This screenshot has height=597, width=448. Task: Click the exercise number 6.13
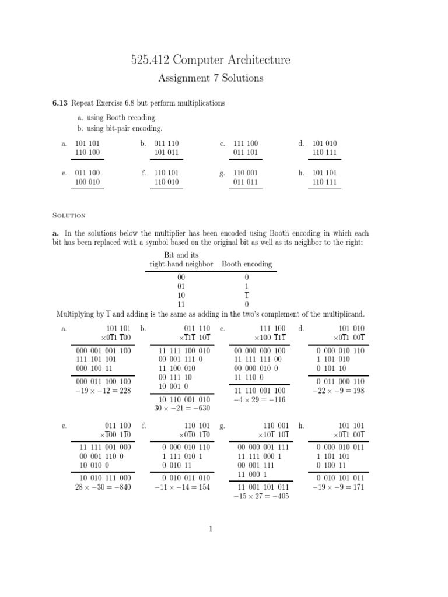[x=60, y=103]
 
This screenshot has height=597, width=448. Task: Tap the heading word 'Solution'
[x=69, y=215]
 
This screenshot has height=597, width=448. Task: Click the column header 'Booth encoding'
[x=246, y=264]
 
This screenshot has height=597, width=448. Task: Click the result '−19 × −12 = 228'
[x=103, y=391]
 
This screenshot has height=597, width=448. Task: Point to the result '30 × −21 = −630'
[x=184, y=408]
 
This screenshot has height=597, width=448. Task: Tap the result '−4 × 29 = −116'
[x=260, y=399]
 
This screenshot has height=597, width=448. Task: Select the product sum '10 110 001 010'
[x=185, y=399]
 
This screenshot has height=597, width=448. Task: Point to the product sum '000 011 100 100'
[x=103, y=382]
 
